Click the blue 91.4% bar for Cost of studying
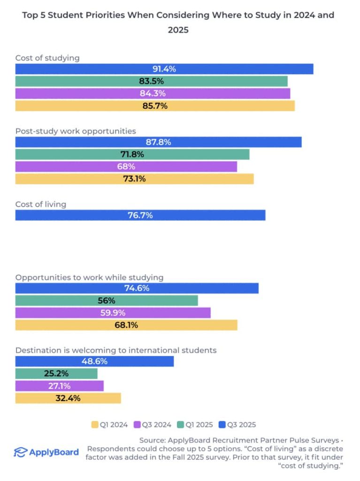point(164,69)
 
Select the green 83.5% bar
point(151,81)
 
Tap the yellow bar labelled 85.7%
point(155,106)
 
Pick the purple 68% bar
point(126,166)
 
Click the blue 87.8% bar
point(158,142)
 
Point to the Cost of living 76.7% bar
point(140,215)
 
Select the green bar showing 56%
point(107,301)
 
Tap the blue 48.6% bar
point(94,361)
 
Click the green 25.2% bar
point(56,373)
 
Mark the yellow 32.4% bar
point(68,398)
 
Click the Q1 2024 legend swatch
point(94,425)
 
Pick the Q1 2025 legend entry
point(196,425)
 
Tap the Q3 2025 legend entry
point(239,425)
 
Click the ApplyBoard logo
point(46,452)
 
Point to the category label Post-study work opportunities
point(76,131)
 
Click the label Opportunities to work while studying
point(89,277)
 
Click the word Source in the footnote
point(153,441)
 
